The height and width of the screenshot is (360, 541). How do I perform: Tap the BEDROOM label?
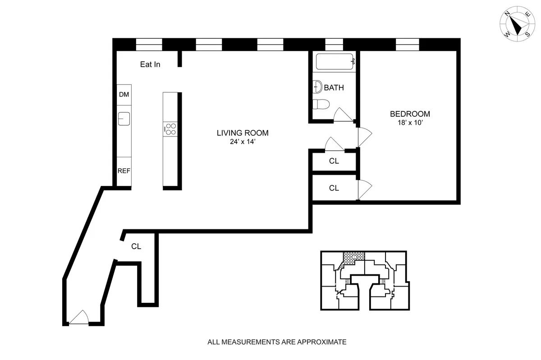pos(410,114)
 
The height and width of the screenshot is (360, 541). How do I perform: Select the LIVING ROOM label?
pos(243,133)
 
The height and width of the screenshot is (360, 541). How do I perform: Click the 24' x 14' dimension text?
pos(243,142)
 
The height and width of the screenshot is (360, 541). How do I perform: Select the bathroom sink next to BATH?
pos(317,87)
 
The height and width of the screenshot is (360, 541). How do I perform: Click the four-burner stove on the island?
pos(170,129)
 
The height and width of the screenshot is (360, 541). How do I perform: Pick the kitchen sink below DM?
pos(124,118)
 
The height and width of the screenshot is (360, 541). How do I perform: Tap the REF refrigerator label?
pos(124,171)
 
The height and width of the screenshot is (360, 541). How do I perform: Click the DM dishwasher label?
pos(124,95)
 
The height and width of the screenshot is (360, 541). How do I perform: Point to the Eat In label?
pos(150,64)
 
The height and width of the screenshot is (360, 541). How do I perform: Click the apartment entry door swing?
pos(79,317)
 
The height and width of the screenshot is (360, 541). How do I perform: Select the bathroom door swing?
pos(343,115)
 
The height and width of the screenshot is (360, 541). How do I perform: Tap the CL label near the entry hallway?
pos(136,246)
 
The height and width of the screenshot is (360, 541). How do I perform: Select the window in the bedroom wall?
pos(407,45)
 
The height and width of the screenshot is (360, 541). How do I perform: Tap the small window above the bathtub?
pos(334,45)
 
